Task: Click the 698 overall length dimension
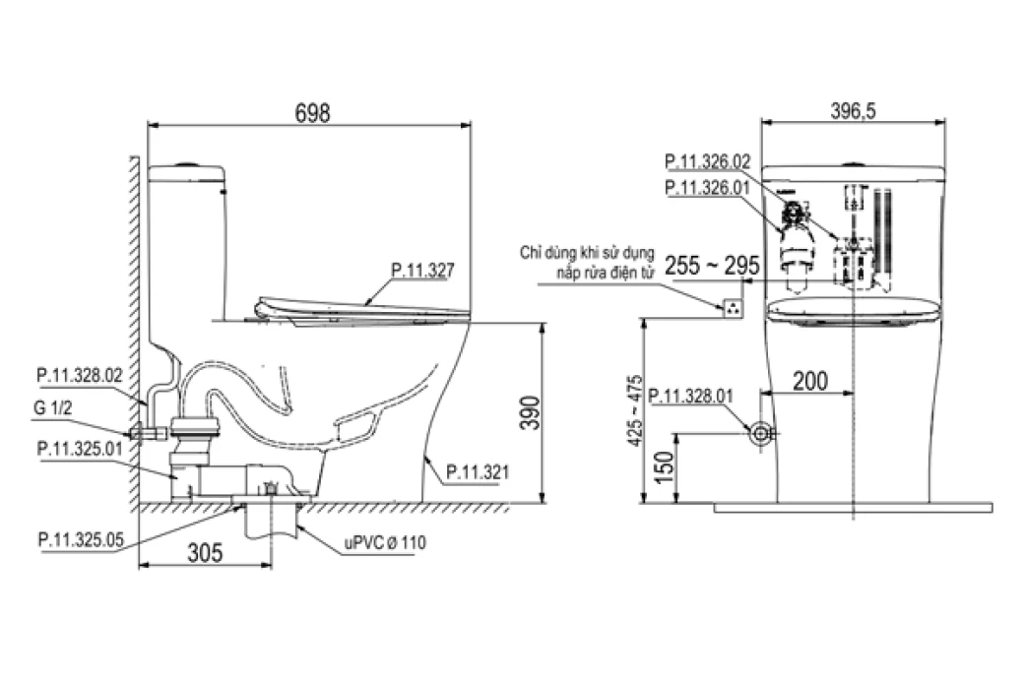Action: coord(313,113)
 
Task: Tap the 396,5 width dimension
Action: coord(853,111)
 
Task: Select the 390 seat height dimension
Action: coord(530,412)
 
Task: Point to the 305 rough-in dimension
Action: coord(205,553)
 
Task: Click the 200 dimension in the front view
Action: coord(810,381)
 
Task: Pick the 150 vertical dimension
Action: coord(663,467)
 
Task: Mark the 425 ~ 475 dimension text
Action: coord(634,410)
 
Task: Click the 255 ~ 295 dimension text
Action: coord(712,266)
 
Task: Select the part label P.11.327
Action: coord(422,270)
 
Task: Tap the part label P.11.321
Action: coord(478,471)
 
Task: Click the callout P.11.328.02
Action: coord(80,375)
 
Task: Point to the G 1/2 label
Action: coord(52,407)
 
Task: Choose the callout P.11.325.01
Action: coord(80,449)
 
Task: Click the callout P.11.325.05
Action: coord(81,539)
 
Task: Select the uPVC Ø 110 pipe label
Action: coord(385,542)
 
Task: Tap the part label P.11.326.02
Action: coord(708,161)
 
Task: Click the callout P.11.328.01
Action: coord(691,397)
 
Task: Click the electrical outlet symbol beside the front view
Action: coord(734,307)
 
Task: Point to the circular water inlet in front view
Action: coord(759,433)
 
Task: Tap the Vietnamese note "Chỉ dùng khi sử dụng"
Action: coord(587,253)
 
